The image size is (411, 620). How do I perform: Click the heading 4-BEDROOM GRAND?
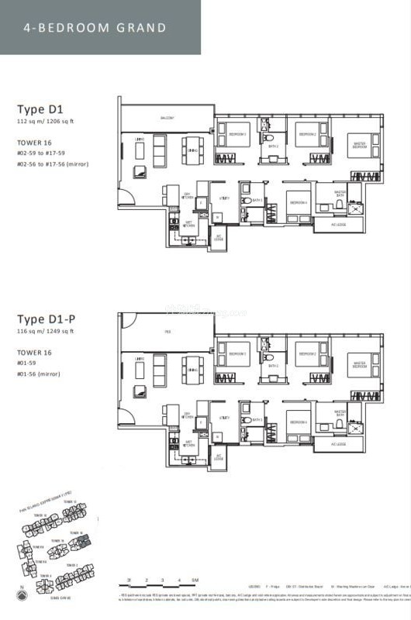click(x=95, y=28)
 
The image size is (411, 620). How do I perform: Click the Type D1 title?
click(x=40, y=109)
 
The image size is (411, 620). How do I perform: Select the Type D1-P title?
click(x=47, y=319)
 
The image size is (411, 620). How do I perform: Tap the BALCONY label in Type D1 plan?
click(x=167, y=119)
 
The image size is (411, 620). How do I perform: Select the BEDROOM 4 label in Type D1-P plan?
click(x=299, y=422)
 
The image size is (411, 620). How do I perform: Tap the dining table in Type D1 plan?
click(x=192, y=148)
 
